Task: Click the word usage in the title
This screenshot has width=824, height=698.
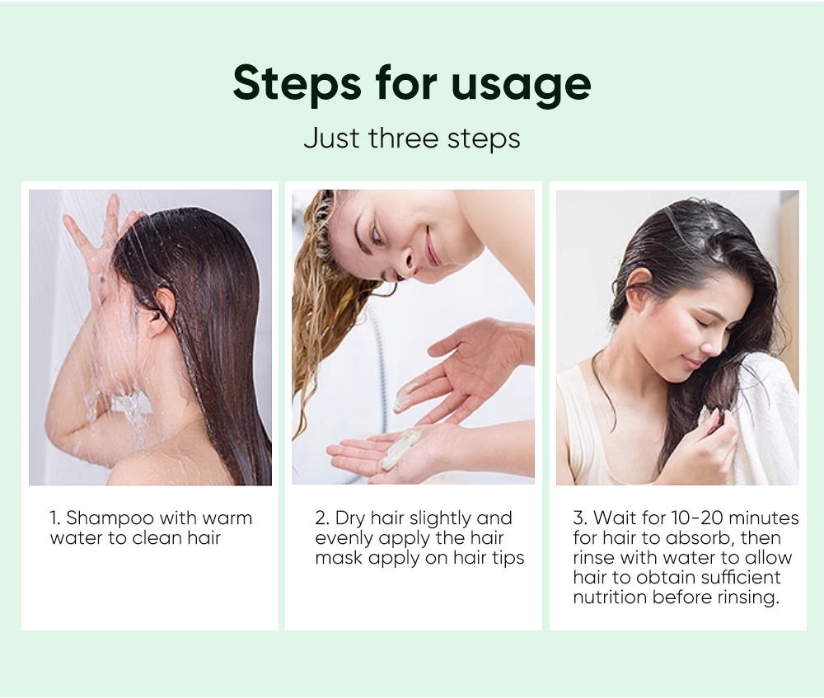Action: pos(521,83)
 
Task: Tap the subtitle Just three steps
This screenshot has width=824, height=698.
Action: pos(411,138)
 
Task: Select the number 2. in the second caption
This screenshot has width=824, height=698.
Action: pos(322,518)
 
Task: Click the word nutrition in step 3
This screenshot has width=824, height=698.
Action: pos(611,597)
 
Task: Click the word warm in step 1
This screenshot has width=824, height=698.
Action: pos(223,518)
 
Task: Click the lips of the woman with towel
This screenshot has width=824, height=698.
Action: pos(692,363)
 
